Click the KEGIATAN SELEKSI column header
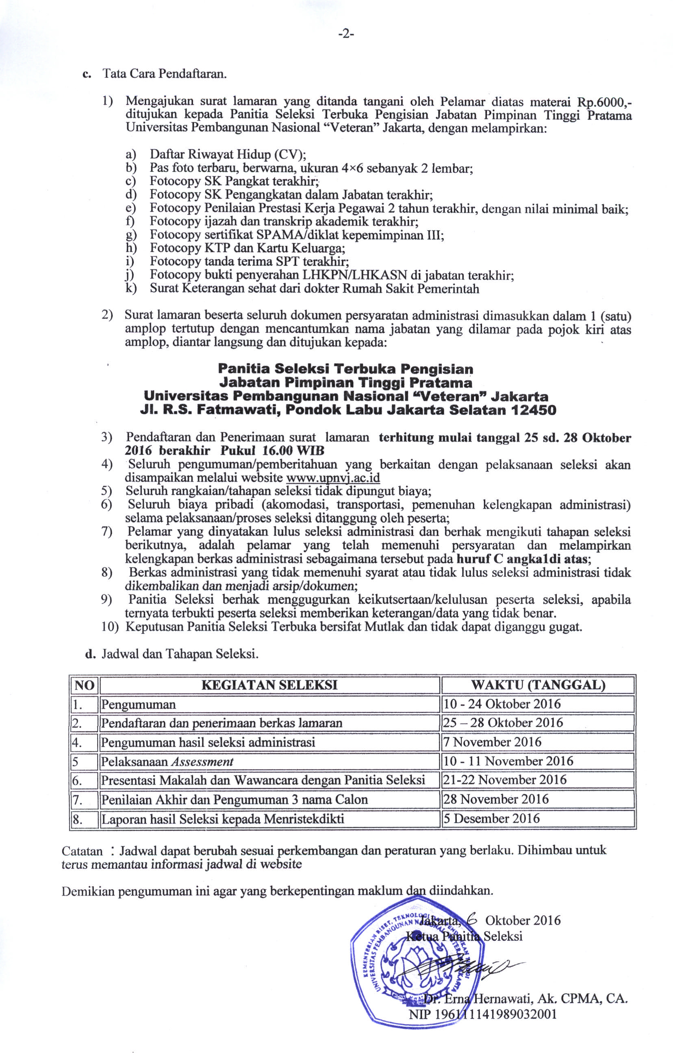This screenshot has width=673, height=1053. pos(269,685)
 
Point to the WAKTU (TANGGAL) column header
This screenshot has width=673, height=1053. pos(537,685)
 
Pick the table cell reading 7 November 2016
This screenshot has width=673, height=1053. pos(492,742)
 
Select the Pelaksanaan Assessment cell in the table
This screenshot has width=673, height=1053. pos(167,761)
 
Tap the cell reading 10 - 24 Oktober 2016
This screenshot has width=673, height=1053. pos(501,704)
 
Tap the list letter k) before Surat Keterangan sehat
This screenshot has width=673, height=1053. pos(130,288)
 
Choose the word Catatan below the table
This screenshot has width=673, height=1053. pos(82,851)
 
